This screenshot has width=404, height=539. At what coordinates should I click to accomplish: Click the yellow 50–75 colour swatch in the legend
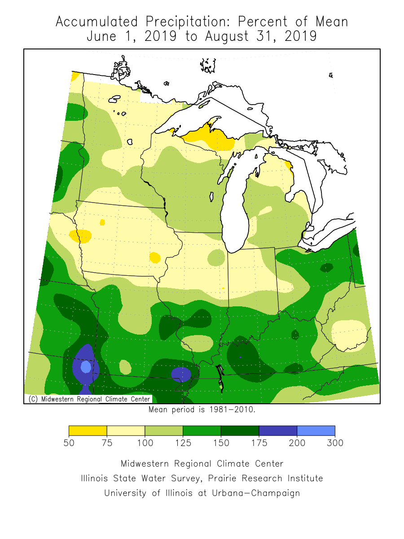click(x=88, y=431)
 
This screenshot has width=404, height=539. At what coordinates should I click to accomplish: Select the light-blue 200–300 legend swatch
click(x=316, y=431)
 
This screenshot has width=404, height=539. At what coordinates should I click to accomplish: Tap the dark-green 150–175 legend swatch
click(x=240, y=431)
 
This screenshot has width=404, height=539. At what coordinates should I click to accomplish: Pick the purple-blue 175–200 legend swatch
click(x=277, y=431)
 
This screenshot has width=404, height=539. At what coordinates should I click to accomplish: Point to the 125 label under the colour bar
click(x=183, y=443)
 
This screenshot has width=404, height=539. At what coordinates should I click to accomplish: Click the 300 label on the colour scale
click(x=335, y=443)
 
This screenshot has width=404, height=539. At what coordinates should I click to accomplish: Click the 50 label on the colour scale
click(x=69, y=443)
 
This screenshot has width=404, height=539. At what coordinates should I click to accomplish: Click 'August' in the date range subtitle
click(x=227, y=36)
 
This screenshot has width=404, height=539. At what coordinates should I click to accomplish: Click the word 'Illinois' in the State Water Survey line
click(x=96, y=478)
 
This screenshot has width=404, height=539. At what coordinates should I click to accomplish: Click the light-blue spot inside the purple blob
click(x=85, y=367)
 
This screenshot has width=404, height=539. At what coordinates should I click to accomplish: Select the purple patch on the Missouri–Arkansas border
click(x=181, y=373)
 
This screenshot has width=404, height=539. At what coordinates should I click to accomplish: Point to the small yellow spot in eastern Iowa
click(x=155, y=257)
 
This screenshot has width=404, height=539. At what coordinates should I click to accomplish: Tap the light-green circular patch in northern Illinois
click(x=216, y=257)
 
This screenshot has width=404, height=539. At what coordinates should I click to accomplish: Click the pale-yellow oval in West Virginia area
click(x=349, y=335)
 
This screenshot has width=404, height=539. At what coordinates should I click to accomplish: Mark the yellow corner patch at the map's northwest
click(x=75, y=76)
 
